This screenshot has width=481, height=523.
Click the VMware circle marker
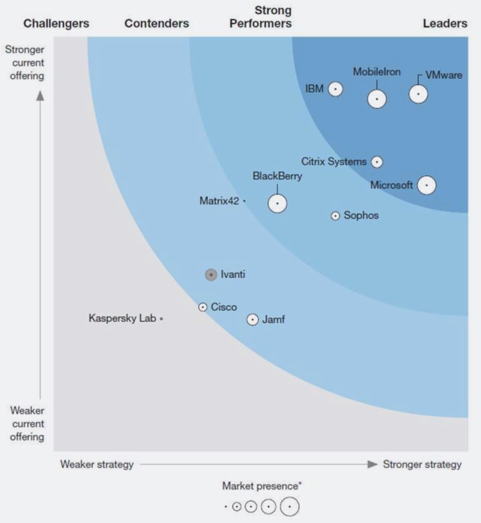pyautogui.click(x=418, y=94)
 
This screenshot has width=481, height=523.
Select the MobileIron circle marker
pyautogui.click(x=377, y=99)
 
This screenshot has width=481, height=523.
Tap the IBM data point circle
pyautogui.click(x=335, y=89)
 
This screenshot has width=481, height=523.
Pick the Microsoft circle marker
pyautogui.click(x=427, y=185)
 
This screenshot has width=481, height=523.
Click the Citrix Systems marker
pyautogui.click(x=378, y=162)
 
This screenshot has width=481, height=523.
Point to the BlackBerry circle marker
pyautogui.click(x=277, y=203)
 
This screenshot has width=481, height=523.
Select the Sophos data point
pyautogui.click(x=335, y=216)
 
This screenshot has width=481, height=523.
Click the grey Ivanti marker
pyautogui.click(x=211, y=274)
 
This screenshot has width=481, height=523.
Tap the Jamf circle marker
pyautogui.click(x=253, y=320)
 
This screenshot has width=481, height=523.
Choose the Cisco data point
pyautogui.click(x=203, y=307)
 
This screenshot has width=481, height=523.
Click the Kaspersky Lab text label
pyautogui.click(x=122, y=318)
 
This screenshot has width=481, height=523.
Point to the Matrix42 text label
pyautogui.click(x=219, y=200)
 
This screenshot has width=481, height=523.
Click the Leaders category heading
pyautogui.click(x=445, y=24)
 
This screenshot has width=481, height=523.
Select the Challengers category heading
pyautogui.click(x=56, y=24)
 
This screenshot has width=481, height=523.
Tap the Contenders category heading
pyautogui.click(x=157, y=24)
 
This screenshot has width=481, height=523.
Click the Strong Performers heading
pyautogui.click(x=273, y=17)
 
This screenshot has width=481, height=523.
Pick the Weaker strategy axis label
pyautogui.click(x=97, y=464)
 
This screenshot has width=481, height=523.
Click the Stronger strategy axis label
pyautogui.click(x=422, y=464)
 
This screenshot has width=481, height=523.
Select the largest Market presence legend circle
pyautogui.click(x=290, y=506)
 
